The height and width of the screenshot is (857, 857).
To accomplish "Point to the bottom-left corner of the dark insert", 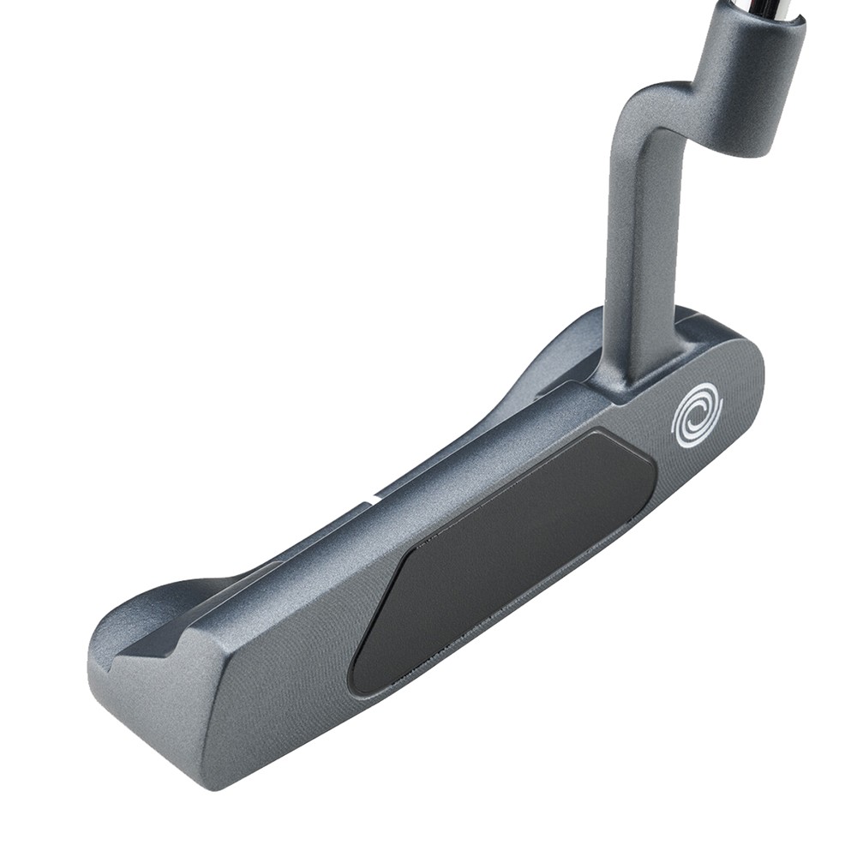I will tap(360, 681).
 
